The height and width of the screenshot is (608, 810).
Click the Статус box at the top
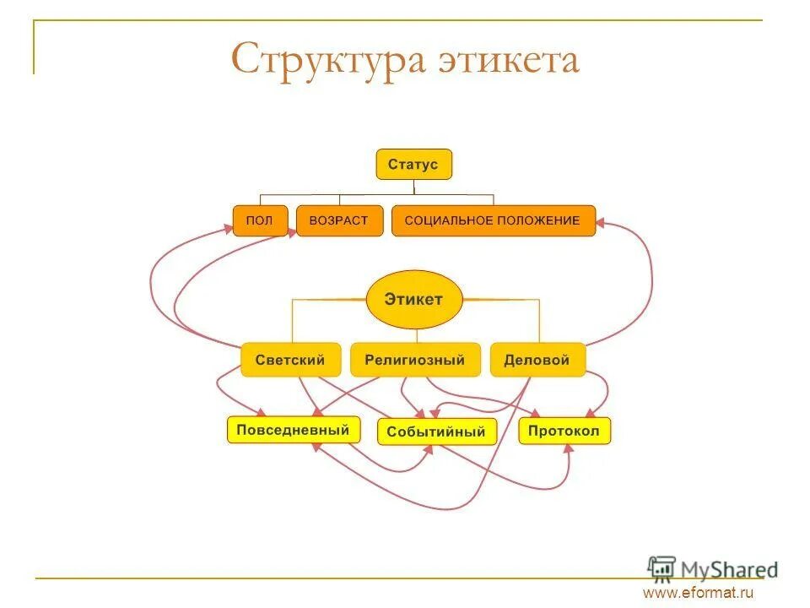[x=413, y=165]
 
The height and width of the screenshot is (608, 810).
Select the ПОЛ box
[x=260, y=220]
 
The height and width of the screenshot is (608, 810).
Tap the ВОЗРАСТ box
[x=339, y=220]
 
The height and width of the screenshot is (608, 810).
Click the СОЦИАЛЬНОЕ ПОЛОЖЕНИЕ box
[x=493, y=220]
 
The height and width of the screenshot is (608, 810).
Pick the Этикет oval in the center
[x=414, y=299]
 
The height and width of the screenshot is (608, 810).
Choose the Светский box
[x=290, y=360]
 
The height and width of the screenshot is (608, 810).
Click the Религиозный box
[x=414, y=360]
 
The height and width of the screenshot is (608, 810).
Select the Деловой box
[x=537, y=360]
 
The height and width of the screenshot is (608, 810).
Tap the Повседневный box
[x=293, y=430]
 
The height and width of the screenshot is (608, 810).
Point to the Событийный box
[x=435, y=432]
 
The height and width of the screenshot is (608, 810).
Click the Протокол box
[x=564, y=431]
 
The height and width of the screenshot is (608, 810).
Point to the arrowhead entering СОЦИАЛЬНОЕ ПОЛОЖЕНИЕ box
[x=601, y=224]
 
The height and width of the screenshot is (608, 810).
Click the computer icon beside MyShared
[x=662, y=567]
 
